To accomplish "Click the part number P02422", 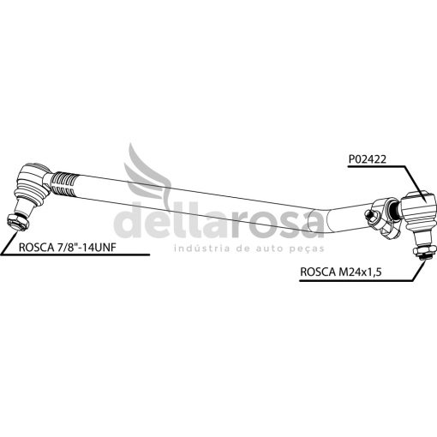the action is coord(367,159).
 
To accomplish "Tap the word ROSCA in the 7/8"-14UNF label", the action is coord(35,248).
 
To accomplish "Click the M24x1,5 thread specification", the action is coord(360,272).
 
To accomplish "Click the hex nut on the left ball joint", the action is coord(18,222).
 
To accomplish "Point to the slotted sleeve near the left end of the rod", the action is coord(64,184).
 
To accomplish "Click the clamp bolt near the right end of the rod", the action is coord(372,214).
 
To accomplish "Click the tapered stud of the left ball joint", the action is coord(25,207).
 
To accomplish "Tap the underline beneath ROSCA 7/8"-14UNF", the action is coord(75,254).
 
